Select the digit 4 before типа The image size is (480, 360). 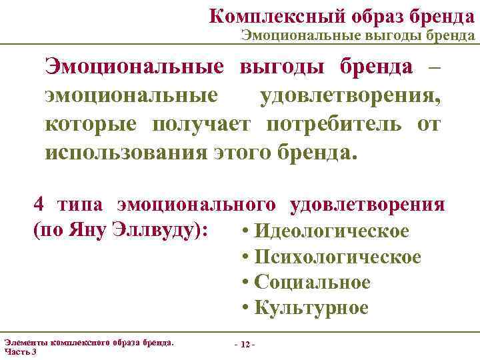pyautogui.click(x=39, y=204)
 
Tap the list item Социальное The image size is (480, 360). pyautogui.click(x=313, y=282)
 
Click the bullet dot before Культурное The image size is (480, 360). pyautogui.click(x=247, y=308)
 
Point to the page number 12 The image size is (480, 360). pyautogui.click(x=245, y=345)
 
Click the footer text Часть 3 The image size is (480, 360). pyautogui.click(x=21, y=351)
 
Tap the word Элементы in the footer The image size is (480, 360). pyautogui.click(x=26, y=343)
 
